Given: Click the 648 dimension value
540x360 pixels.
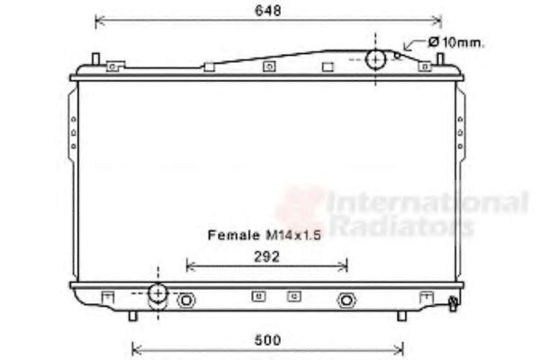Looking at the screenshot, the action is pos(268,10).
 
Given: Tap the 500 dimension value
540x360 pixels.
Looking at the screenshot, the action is pos(268,340).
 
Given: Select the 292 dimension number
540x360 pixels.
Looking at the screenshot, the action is pos(267,256).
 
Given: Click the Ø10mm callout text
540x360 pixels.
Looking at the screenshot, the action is pos(456,42).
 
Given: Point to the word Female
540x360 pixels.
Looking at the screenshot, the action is pos(234,235).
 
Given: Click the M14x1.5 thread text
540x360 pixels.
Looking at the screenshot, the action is pos(293,235).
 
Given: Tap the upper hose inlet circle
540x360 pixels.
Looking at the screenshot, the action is pos(375,59).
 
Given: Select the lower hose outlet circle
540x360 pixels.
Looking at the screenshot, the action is pos(158,293).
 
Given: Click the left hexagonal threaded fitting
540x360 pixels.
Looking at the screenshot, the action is pos(186,301).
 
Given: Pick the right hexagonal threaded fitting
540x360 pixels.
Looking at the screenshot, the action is pos(346,301).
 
